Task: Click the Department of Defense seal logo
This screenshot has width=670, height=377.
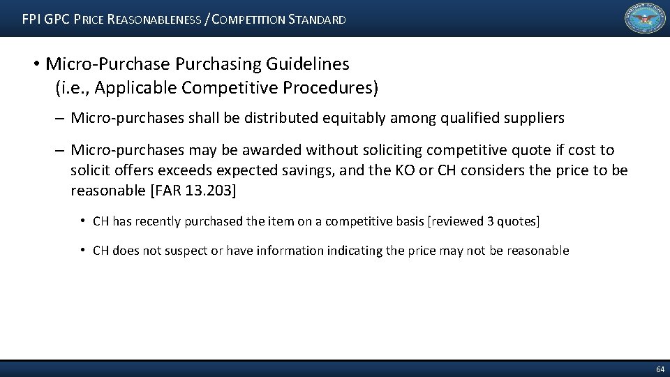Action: pos(645,19)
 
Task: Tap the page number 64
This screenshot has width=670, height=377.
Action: pos(660,368)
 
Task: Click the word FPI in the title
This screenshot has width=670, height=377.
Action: pos(32,20)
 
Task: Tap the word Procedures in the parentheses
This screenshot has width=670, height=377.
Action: pos(332,88)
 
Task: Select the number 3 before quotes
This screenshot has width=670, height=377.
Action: pos(491,221)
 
